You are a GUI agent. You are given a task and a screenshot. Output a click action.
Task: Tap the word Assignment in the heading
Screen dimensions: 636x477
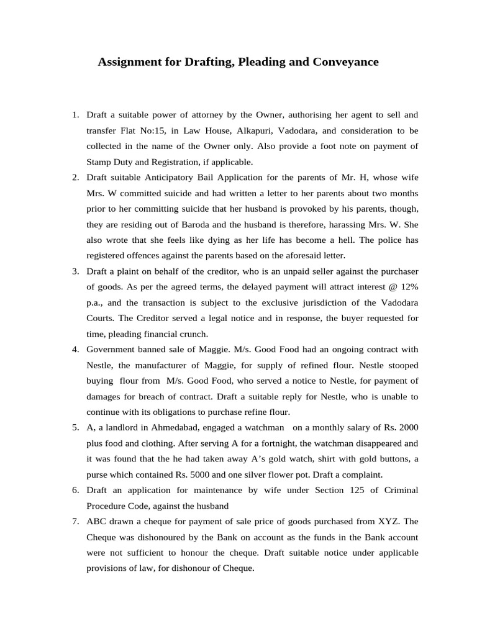pyautogui.click(x=127, y=62)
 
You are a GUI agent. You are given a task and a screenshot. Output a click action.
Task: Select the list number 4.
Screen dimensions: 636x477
pyautogui.click(x=75, y=349)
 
